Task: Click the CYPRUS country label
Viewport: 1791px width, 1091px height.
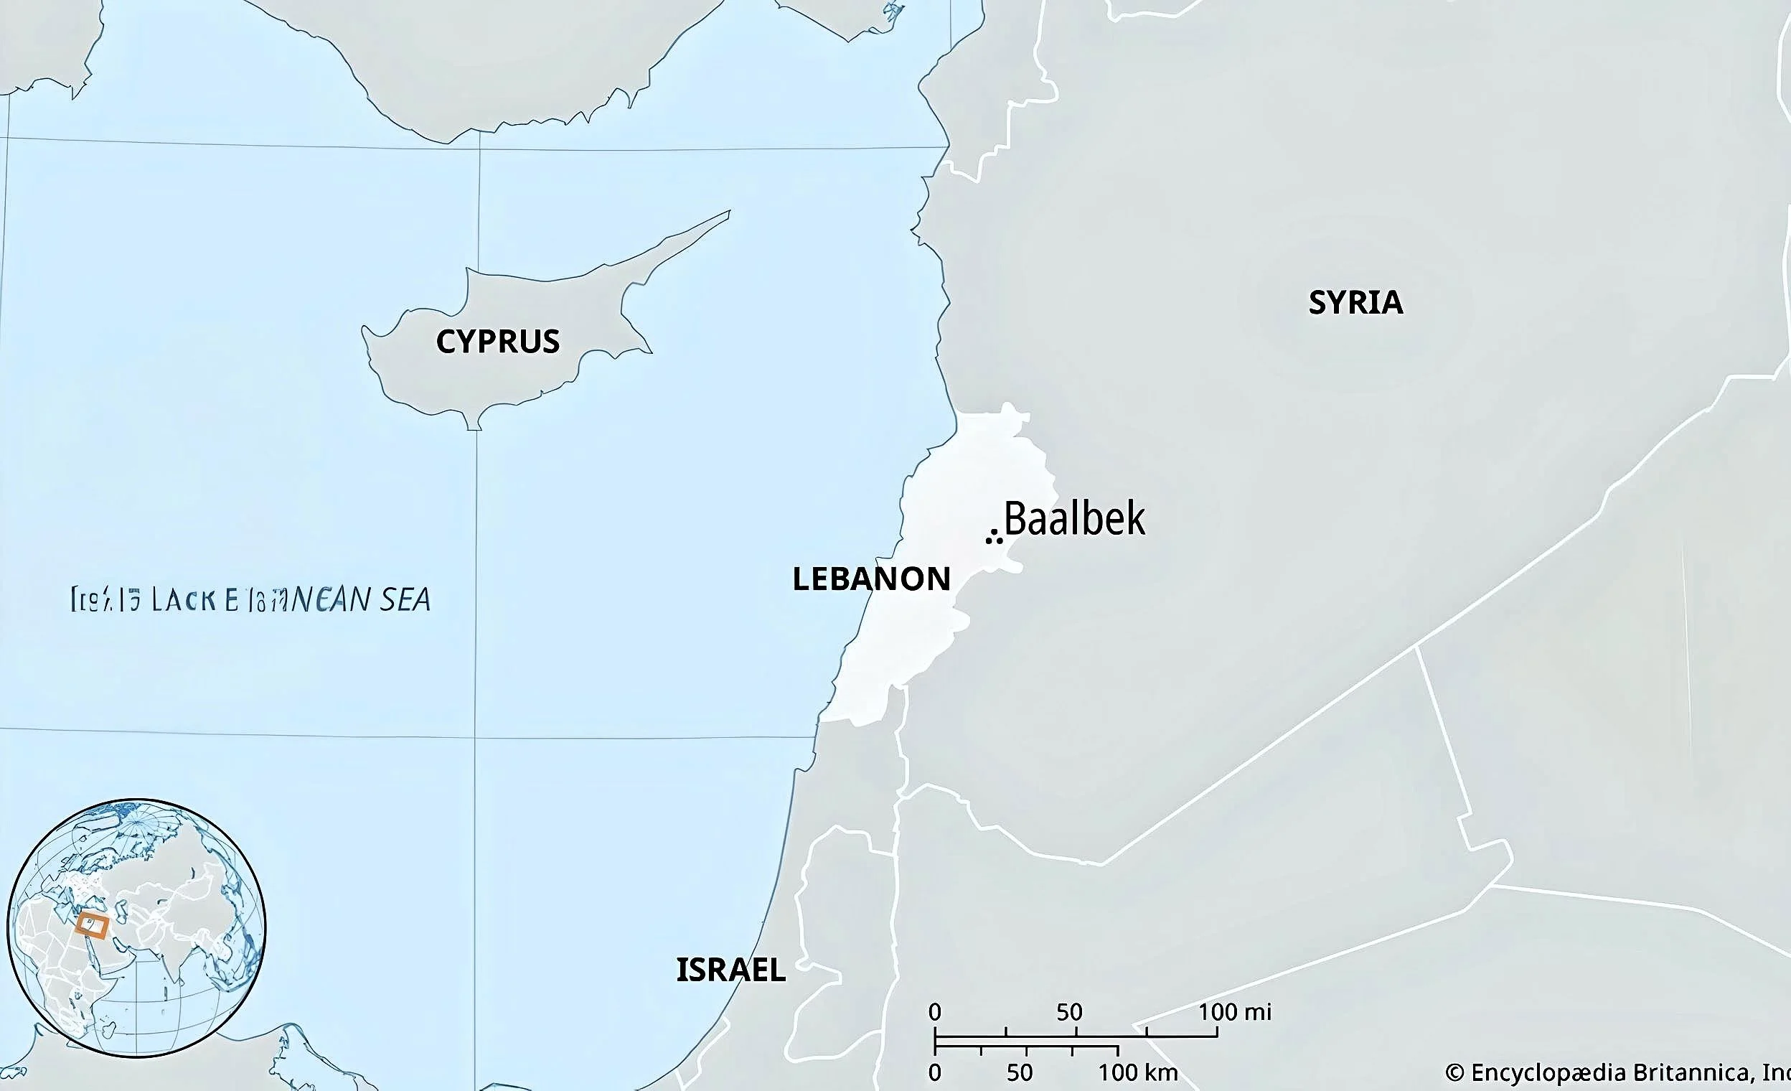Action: coord(498,342)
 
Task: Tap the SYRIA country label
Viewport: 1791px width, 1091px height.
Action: coord(1355,302)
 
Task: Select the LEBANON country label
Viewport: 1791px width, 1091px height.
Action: coord(871,579)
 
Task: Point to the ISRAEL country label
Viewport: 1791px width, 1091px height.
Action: coord(730,970)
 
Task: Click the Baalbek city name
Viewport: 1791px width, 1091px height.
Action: coord(1074,519)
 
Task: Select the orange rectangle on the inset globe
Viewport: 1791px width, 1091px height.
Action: coord(92,927)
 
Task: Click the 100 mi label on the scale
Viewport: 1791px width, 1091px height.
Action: coord(1234,1012)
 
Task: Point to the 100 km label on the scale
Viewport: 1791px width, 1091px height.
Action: coord(1137,1072)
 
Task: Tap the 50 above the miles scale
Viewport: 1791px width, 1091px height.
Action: coord(1069,1012)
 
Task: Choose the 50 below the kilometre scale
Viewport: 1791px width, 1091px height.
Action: coord(1020,1072)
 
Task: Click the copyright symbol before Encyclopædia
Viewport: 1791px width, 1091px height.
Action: coord(1454,1073)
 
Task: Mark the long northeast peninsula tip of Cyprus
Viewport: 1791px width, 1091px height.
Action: coord(728,212)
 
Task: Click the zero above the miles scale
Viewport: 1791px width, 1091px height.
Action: coord(935,1012)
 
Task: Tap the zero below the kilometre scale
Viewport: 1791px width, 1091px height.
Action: coord(935,1072)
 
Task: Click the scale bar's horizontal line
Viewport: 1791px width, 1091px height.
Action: coord(1076,1036)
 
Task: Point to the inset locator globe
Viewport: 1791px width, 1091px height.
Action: coord(136,927)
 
